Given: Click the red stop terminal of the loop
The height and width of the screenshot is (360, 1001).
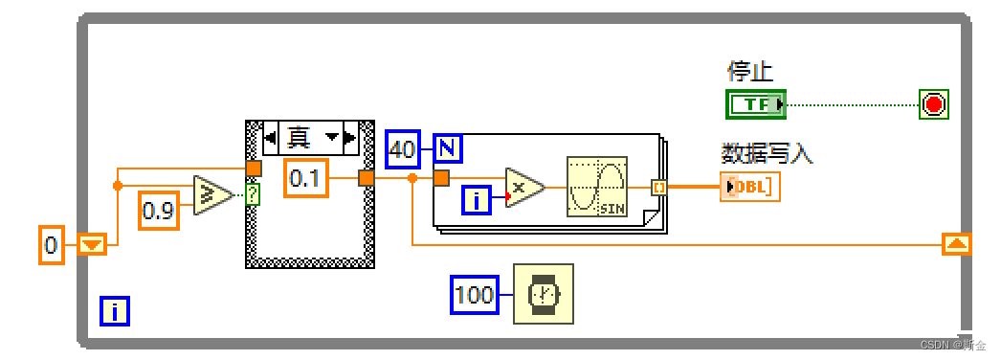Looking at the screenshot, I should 933,104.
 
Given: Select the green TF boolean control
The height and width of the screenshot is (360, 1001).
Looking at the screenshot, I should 756,104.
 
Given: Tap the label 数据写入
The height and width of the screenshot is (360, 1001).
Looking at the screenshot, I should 767,154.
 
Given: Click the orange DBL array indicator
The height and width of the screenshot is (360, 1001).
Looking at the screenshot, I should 750,188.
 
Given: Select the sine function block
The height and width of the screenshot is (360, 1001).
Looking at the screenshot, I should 596,186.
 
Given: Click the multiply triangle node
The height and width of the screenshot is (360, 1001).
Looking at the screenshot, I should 523,187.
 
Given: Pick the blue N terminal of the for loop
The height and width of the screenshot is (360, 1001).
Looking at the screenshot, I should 447,149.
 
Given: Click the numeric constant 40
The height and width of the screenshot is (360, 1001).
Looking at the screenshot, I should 403,149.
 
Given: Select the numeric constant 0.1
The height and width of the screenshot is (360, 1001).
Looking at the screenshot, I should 305,179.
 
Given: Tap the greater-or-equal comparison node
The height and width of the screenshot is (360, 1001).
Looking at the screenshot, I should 211,196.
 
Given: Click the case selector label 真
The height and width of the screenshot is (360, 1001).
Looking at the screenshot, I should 301,137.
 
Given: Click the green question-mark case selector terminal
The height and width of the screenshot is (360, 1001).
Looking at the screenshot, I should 253,196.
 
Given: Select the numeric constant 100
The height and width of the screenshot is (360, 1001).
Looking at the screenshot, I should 475,294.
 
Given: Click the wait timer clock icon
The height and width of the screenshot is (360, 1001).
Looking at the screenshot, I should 544,293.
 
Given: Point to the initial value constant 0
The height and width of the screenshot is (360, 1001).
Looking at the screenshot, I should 52,245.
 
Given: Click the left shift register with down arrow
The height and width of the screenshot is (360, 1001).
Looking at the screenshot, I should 91,245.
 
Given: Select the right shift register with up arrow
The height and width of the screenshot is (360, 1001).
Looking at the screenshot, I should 956,244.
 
